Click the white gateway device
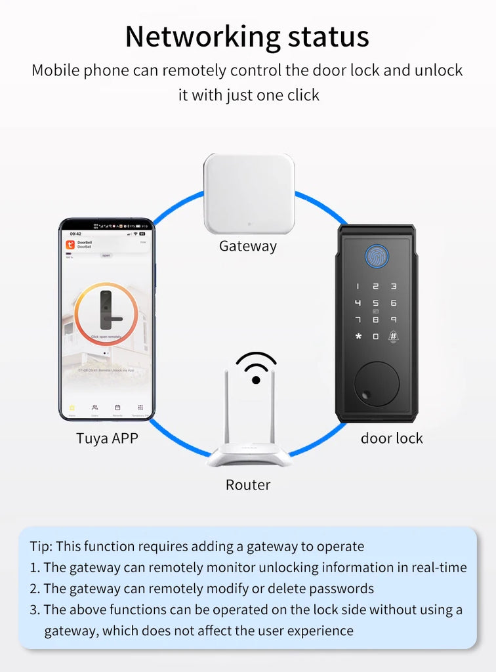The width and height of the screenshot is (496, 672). (249, 194)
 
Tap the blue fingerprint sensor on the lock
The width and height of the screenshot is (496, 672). (376, 256)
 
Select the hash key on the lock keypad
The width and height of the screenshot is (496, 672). (393, 337)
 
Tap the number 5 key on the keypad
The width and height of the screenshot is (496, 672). (376, 303)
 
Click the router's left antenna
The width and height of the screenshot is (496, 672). (226, 411)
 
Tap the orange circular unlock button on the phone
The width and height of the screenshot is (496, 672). (106, 314)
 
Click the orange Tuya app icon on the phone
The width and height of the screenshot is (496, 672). (70, 245)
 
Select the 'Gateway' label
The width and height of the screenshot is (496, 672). (248, 246)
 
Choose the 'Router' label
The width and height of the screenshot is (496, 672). (248, 485)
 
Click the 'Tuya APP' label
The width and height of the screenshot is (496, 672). (107, 438)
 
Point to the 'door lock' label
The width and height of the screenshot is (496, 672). (392, 438)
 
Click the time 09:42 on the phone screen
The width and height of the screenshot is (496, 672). (75, 234)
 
